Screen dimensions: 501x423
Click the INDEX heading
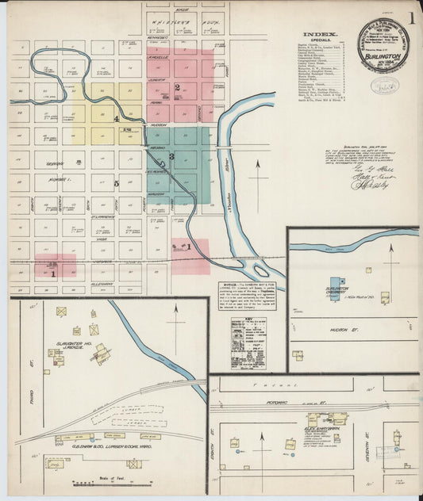(320, 34)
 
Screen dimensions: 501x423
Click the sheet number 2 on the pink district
(178, 87)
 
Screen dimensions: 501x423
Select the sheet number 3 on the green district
(171, 157)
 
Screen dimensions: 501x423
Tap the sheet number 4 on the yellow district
(116, 120)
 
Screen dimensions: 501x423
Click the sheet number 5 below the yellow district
(116, 184)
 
